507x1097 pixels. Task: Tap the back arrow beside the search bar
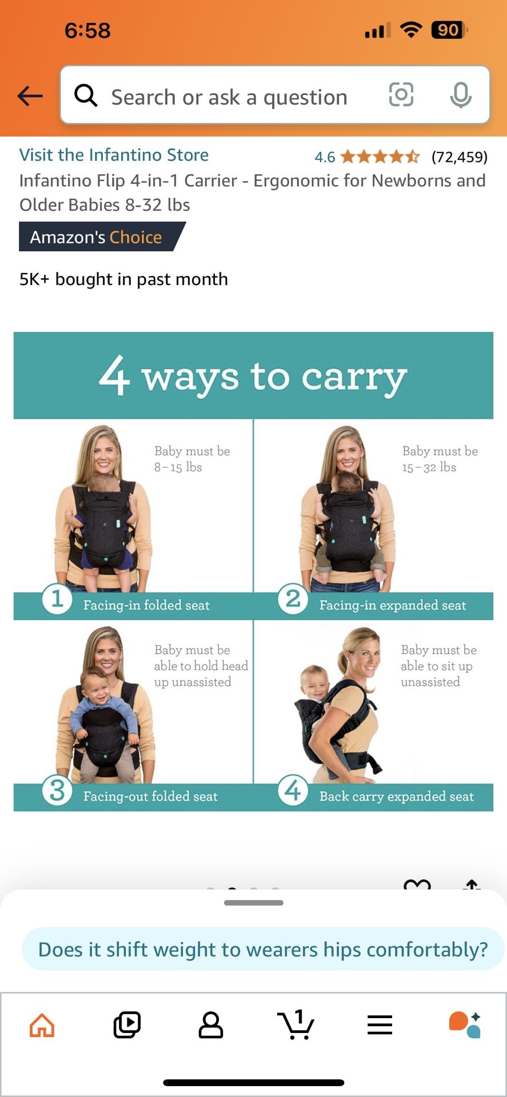click(30, 96)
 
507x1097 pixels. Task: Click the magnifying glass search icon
click(86, 95)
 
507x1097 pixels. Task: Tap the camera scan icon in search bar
click(401, 94)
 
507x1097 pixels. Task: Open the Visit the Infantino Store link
click(114, 155)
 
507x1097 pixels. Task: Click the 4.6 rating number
click(325, 157)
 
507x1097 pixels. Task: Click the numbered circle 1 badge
click(57, 599)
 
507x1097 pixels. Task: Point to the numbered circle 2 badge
click(293, 599)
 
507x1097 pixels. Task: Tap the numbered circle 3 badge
click(57, 791)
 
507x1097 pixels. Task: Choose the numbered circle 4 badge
click(293, 791)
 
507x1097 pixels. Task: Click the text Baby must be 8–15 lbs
click(192, 459)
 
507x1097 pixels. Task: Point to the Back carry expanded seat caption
click(397, 796)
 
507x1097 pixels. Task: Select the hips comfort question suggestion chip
click(263, 949)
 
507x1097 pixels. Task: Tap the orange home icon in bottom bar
click(42, 1025)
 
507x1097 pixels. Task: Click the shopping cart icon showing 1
click(296, 1024)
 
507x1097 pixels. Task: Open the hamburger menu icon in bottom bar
click(380, 1025)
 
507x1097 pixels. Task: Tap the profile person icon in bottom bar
click(211, 1025)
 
